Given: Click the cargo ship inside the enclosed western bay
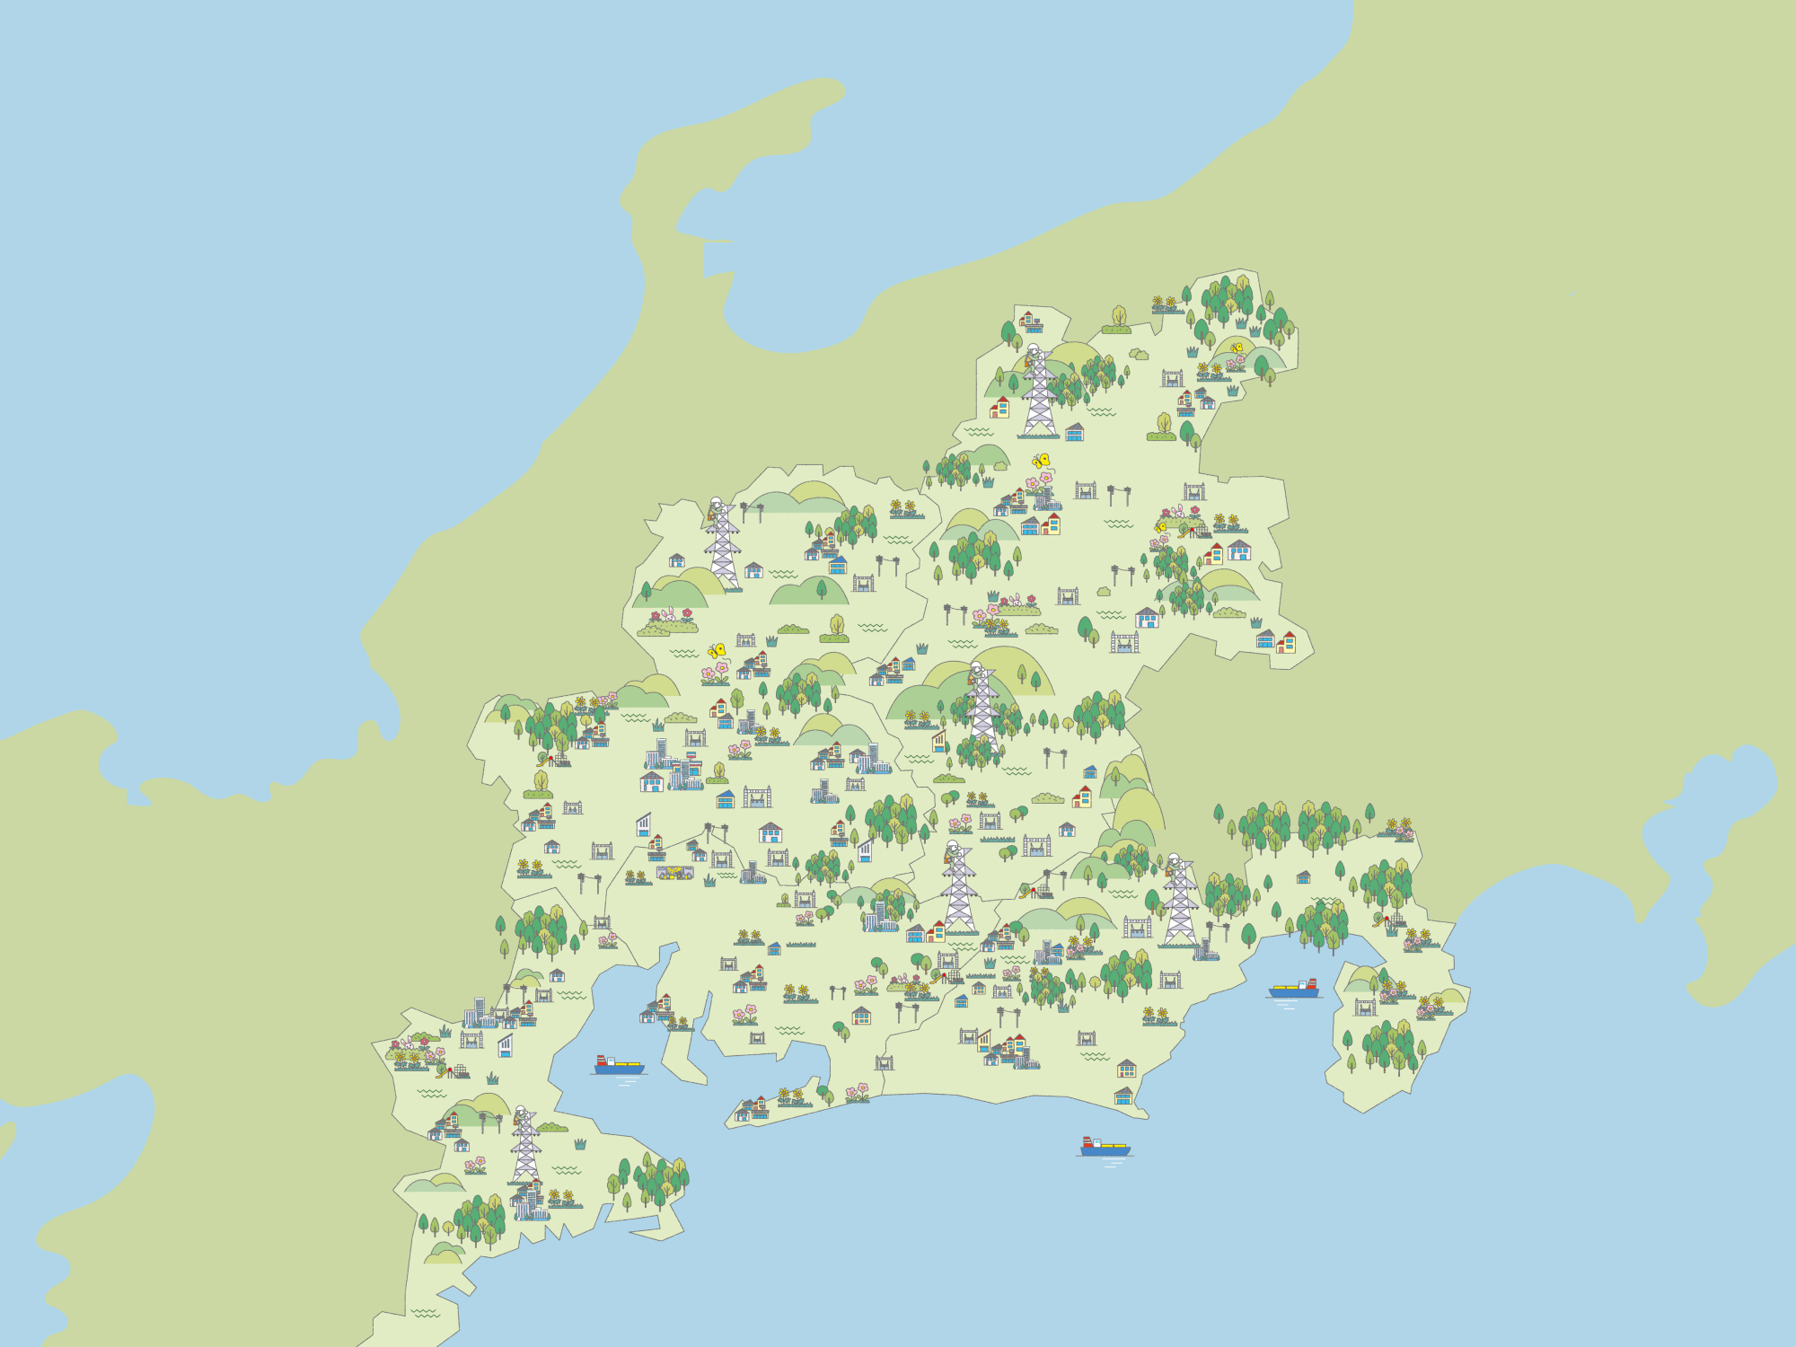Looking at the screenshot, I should pyautogui.click(x=619, y=1065).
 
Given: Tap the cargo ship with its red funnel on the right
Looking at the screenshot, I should pyautogui.click(x=1294, y=989).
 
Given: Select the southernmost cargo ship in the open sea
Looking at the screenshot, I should pyautogui.click(x=1105, y=1147).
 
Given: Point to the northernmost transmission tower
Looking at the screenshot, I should pyautogui.click(x=1039, y=391).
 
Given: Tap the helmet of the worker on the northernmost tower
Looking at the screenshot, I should pyautogui.click(x=1033, y=349).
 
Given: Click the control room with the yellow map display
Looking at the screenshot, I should pyautogui.click(x=674, y=872).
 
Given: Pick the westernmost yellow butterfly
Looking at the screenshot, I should pyautogui.click(x=717, y=650).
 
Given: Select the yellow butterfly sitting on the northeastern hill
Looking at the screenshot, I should pyautogui.click(x=1237, y=348).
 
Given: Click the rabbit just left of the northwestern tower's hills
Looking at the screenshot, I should pyautogui.click(x=668, y=615).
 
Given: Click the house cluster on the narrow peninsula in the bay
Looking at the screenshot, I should pyautogui.click(x=658, y=1009).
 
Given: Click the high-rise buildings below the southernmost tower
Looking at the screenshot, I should pyautogui.click(x=529, y=1202).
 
